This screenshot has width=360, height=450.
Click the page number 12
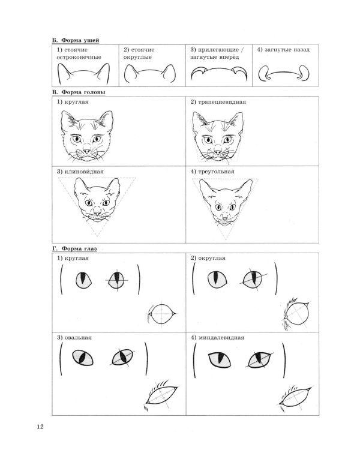[40, 427]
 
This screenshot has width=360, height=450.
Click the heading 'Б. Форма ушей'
[76, 40]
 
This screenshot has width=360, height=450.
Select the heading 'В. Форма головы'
[79, 92]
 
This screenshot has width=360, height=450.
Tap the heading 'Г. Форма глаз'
[74, 248]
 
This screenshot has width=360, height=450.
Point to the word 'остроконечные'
[79, 57]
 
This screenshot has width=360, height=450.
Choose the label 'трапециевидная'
[222, 102]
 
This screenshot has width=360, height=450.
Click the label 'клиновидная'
[84, 172]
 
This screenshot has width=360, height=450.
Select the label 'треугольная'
[216, 172]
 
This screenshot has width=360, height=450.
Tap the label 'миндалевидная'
[221, 337]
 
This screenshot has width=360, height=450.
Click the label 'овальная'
[78, 337]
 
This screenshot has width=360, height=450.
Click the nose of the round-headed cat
[86, 150]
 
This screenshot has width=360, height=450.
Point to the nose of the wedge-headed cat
[98, 213]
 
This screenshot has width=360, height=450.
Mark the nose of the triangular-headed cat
[225, 218]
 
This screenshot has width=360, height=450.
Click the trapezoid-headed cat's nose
[218, 151]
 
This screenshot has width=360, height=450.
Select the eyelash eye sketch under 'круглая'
[161, 314]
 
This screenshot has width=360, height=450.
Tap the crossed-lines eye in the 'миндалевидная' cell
[259, 360]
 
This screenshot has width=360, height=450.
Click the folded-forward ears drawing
[219, 73]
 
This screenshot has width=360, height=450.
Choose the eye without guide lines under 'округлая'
[217, 280]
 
